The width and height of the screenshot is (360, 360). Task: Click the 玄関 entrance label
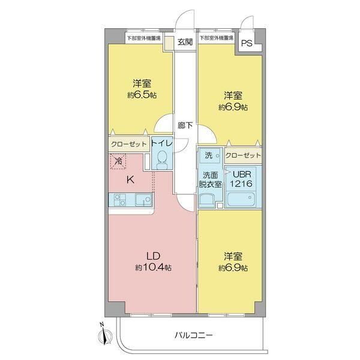click(x=185, y=42)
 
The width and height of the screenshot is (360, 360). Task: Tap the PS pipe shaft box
click(x=247, y=43)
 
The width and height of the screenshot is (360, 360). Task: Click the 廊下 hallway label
click(x=185, y=125)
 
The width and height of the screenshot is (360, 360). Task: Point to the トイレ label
click(x=161, y=143)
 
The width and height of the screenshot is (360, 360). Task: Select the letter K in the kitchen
click(x=129, y=178)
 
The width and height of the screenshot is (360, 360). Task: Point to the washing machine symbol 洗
click(x=209, y=155)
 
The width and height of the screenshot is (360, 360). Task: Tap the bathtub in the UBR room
click(x=242, y=200)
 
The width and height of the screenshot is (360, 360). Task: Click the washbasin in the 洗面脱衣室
click(x=208, y=201)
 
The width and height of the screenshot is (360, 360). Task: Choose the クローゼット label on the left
click(x=128, y=145)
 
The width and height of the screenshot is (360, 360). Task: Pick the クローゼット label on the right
click(x=244, y=155)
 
